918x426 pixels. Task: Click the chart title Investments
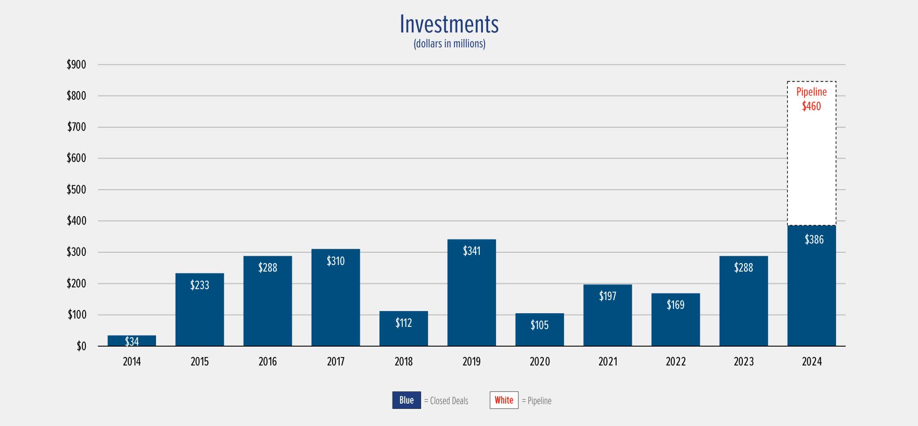tap(449, 24)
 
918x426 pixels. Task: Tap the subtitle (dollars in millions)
tap(449, 44)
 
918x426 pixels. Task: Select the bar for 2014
tap(131, 341)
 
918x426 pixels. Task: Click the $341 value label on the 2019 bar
tap(471, 251)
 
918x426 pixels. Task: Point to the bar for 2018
tap(404, 329)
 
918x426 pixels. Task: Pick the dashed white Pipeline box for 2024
tap(812, 167)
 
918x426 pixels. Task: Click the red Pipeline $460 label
tap(812, 99)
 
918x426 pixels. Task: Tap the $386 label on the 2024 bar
tap(814, 240)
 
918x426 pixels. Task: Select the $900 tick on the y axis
tap(76, 64)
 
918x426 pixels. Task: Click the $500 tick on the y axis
tap(76, 190)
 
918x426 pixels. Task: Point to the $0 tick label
tap(81, 346)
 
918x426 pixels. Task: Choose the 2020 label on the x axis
tap(539, 362)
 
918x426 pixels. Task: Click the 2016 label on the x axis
tap(267, 362)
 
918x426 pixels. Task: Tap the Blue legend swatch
tap(406, 400)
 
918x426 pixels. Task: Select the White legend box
tap(504, 400)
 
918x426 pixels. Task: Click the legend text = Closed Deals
tap(446, 401)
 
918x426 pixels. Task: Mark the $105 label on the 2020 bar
tap(539, 325)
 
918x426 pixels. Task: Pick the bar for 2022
tap(675, 320)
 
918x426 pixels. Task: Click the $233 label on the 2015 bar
tap(199, 285)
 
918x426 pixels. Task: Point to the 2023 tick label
tap(744, 362)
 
